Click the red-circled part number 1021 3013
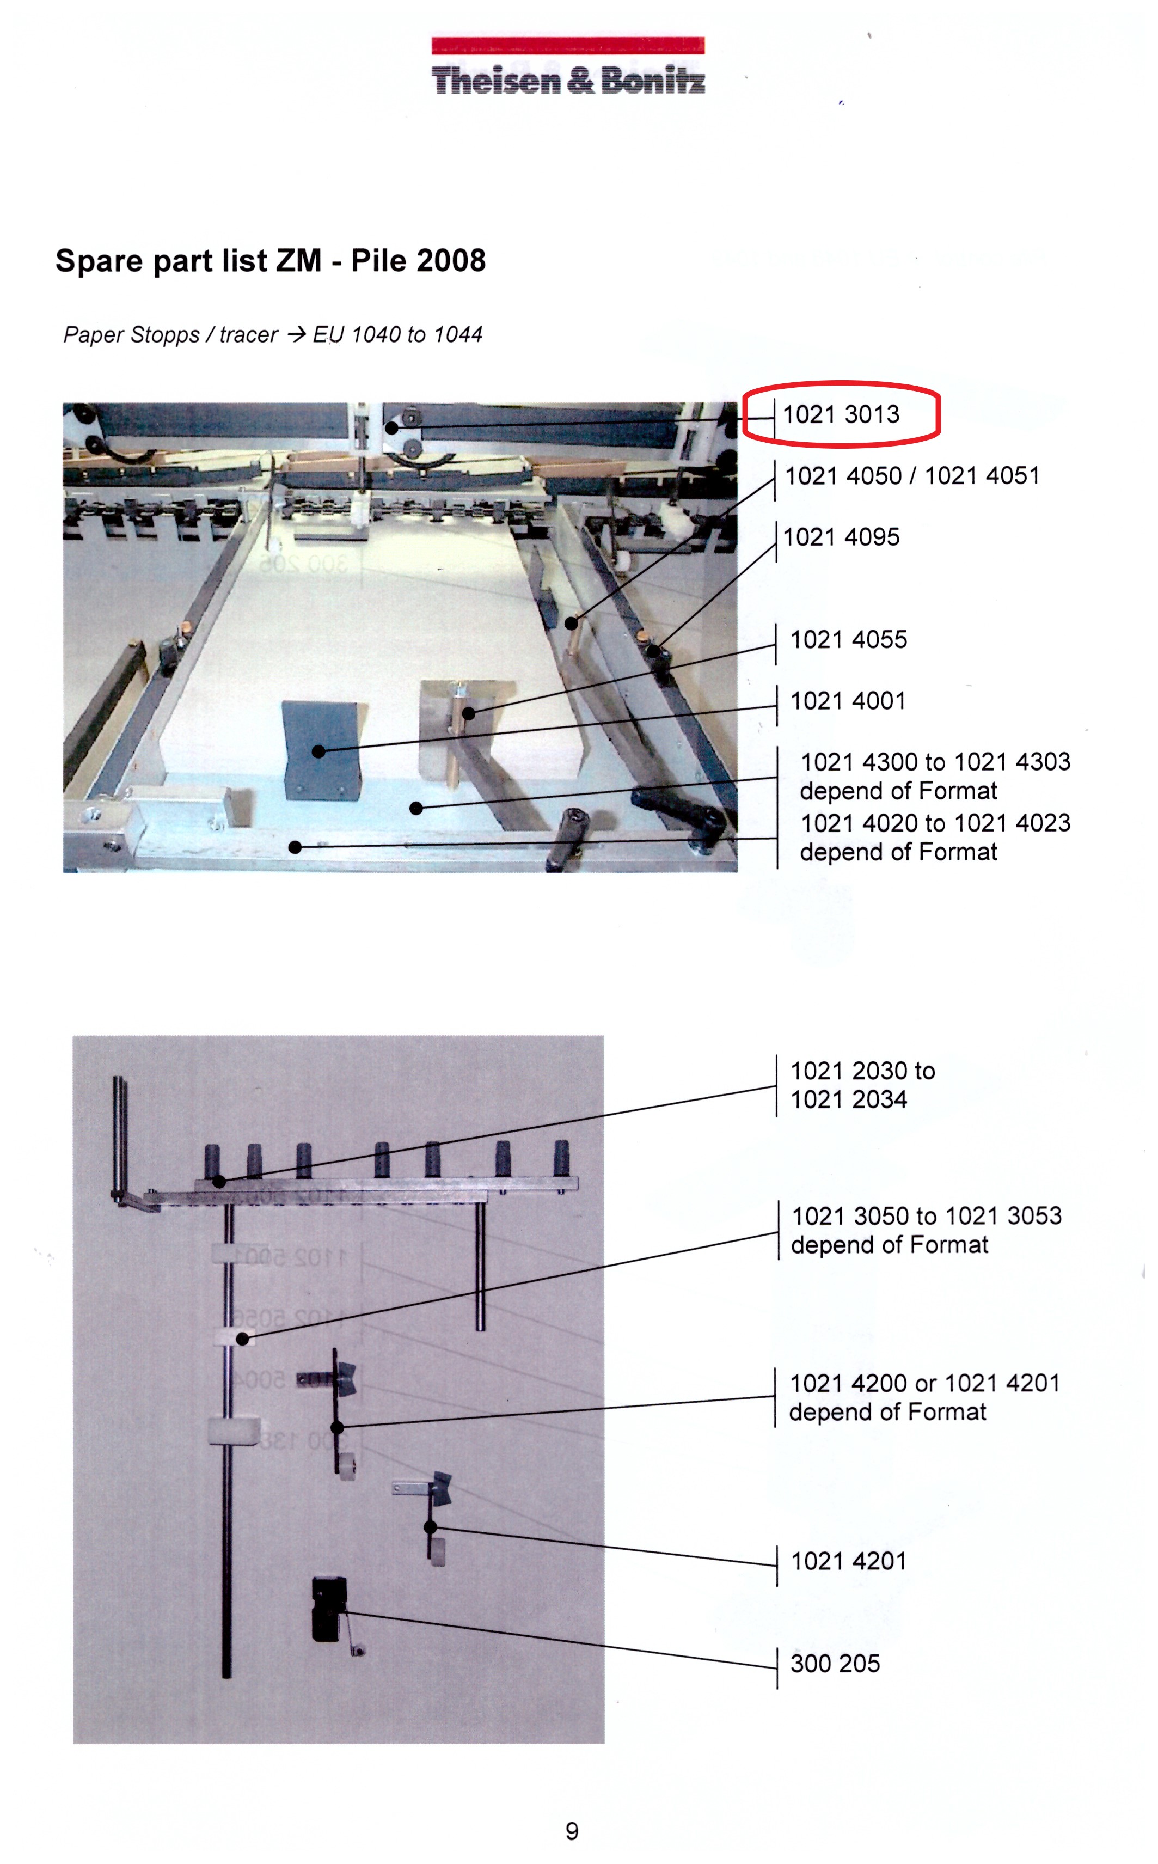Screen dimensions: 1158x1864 (841, 414)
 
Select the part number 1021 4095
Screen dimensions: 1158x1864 (841, 537)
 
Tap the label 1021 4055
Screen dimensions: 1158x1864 (849, 639)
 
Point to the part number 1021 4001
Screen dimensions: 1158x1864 (848, 701)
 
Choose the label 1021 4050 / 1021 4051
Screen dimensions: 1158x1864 (912, 475)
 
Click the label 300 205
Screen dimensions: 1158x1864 (835, 1664)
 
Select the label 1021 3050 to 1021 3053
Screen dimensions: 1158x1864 (927, 1215)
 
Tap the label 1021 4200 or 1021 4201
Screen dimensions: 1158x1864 (924, 1383)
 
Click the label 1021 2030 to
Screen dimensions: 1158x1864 (862, 1071)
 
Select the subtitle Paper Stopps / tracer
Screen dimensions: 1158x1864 (170, 335)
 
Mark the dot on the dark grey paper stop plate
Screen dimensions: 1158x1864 (318, 751)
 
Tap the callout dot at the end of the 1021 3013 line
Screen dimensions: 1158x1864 (391, 428)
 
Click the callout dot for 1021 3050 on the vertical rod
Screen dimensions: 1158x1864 (242, 1339)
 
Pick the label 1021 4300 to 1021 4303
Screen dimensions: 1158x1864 (935, 762)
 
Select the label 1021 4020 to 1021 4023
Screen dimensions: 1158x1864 (935, 823)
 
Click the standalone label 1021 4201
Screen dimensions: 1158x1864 (849, 1561)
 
